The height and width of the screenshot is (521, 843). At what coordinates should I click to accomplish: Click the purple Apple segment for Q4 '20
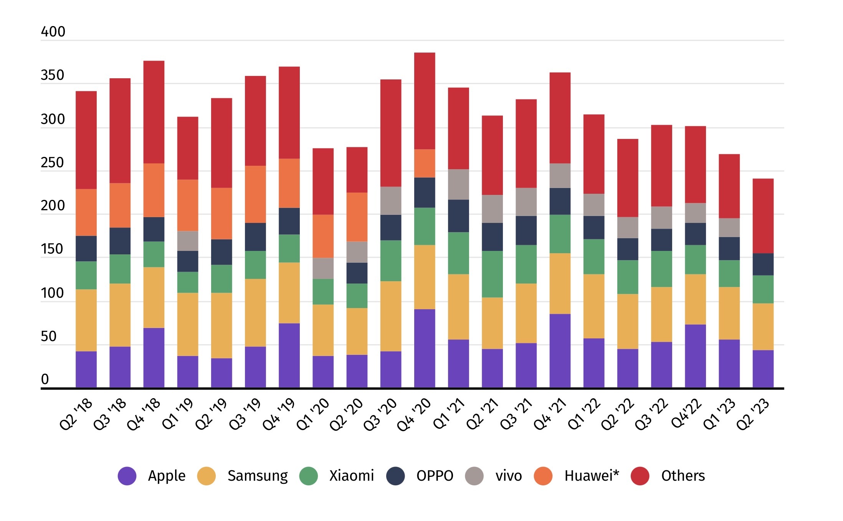coord(425,348)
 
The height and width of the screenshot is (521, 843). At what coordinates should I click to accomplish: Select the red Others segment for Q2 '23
coord(763,216)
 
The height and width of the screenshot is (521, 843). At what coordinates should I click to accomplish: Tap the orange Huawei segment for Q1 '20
coord(323,236)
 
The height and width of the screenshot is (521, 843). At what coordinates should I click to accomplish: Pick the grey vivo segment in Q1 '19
coord(188,241)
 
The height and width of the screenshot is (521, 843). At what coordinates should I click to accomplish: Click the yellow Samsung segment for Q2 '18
coord(86,320)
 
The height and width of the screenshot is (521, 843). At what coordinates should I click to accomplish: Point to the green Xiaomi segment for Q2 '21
coord(492,274)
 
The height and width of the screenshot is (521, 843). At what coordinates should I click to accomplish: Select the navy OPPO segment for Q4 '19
coord(289,221)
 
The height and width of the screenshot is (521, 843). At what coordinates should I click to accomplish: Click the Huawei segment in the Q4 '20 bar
coord(425,163)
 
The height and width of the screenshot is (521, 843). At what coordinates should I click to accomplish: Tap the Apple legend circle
coord(127,476)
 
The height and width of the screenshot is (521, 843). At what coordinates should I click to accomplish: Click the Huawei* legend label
coord(592,476)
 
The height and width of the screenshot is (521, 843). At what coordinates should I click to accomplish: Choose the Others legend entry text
coord(683,476)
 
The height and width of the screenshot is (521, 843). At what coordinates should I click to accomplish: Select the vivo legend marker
coord(474,476)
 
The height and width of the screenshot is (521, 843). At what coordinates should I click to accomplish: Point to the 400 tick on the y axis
coord(53,31)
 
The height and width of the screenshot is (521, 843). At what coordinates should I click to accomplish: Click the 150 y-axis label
coord(52,249)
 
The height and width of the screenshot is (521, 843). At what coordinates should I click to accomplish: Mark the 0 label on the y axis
coord(45,379)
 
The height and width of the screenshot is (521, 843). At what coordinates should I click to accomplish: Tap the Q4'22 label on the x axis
coord(687,414)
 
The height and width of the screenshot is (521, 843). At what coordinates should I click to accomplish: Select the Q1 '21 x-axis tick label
coord(449,414)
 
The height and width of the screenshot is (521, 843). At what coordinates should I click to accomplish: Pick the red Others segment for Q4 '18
coord(154,112)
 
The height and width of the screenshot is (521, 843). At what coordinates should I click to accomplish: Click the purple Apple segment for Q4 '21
coord(560,351)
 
